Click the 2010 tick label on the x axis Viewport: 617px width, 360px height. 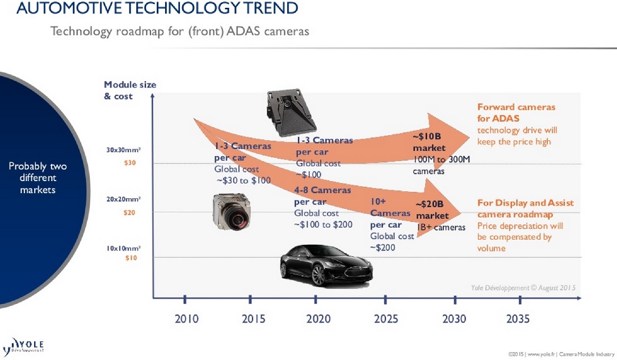[x=186, y=319]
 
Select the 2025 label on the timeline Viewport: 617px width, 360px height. [x=386, y=319]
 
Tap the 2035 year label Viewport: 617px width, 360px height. [x=517, y=319]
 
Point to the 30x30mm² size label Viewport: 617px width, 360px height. [x=124, y=150]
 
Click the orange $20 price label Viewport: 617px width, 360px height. [x=130, y=212]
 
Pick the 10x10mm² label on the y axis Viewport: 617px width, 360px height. [x=124, y=249]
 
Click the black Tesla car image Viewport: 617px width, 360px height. [x=326, y=264]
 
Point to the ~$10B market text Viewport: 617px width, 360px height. [x=427, y=142]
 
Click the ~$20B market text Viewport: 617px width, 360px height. [x=432, y=210]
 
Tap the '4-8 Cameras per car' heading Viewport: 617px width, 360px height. [x=322, y=195]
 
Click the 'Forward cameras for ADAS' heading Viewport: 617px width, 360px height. [x=516, y=112]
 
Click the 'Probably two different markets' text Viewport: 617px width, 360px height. [x=37, y=178]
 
